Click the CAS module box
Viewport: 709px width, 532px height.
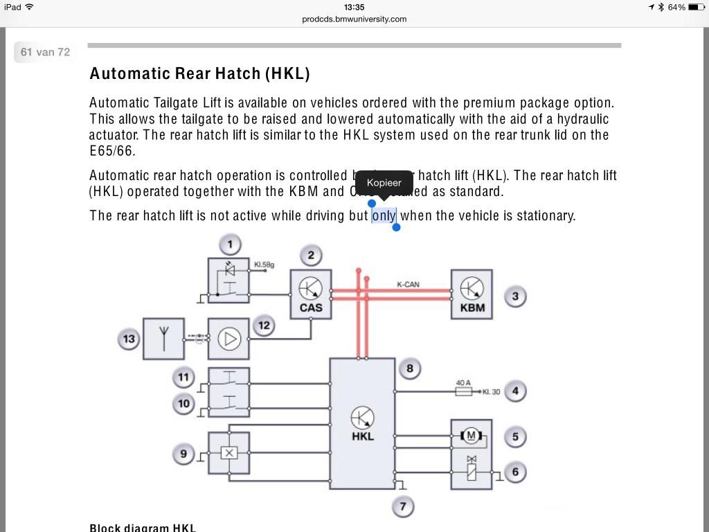click(311, 294)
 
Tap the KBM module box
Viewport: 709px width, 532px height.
click(472, 294)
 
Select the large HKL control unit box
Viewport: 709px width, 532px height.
click(362, 423)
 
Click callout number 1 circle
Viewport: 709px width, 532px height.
click(230, 245)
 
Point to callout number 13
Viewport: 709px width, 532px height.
click(129, 339)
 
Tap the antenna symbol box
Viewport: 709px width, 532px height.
click(163, 339)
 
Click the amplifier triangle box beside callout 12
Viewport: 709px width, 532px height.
click(228, 339)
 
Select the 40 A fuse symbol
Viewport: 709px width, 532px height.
click(463, 392)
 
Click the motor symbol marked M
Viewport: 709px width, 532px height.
click(472, 436)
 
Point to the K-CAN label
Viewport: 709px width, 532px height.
click(408, 285)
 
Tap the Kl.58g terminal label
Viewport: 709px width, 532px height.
click(264, 265)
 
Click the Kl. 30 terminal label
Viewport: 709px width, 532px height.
click(491, 392)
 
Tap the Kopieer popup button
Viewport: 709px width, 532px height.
click(384, 183)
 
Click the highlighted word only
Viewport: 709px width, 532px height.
click(384, 215)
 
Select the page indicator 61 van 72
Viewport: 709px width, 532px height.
click(46, 52)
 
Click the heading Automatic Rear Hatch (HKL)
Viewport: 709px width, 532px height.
click(199, 73)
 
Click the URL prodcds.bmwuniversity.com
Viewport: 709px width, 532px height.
click(354, 19)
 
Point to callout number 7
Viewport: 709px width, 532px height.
click(402, 506)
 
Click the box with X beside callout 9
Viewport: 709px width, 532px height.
click(228, 453)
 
